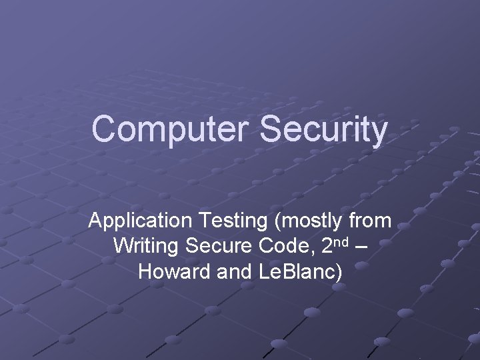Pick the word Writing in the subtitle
tap(146, 246)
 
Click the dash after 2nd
tap(361, 246)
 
